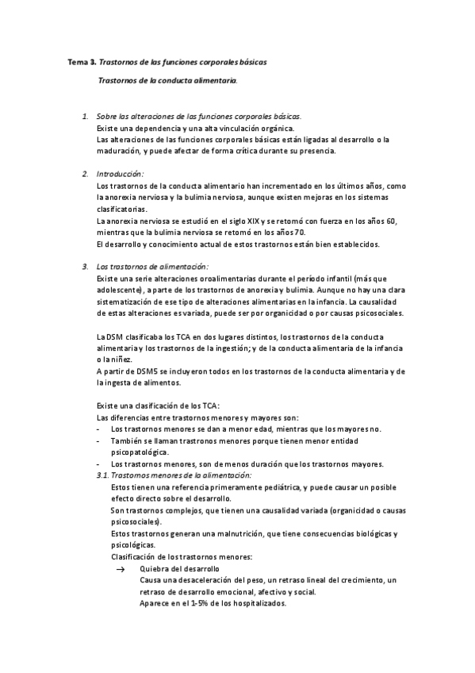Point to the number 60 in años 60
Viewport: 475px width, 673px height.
pos(389,220)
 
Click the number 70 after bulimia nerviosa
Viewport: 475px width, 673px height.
pos(300,232)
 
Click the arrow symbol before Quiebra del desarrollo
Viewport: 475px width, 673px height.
pos(121,568)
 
